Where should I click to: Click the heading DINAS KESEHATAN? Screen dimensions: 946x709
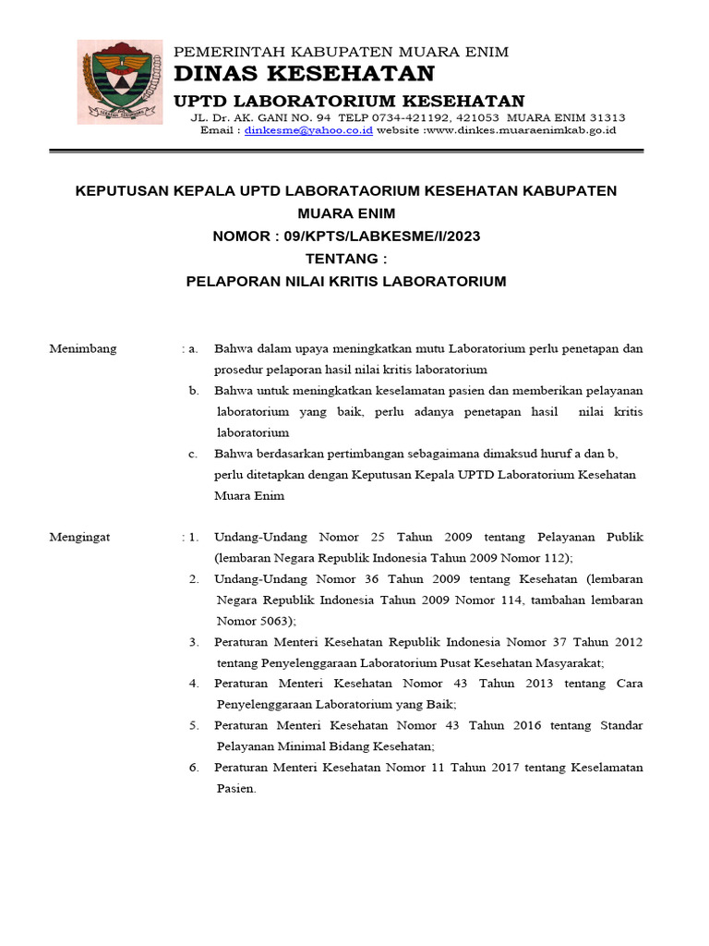(304, 74)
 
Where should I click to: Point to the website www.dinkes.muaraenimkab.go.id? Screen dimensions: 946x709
(521, 130)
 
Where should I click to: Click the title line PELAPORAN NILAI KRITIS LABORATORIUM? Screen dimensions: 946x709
(346, 281)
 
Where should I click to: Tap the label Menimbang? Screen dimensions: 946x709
(83, 348)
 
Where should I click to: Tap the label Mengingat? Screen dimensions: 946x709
(79, 537)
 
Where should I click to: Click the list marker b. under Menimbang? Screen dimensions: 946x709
(194, 391)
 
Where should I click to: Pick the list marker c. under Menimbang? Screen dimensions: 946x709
(194, 454)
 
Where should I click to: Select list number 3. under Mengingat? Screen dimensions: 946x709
(194, 641)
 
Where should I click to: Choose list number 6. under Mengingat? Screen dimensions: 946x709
(194, 767)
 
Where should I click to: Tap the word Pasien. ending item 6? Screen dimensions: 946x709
(236, 788)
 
